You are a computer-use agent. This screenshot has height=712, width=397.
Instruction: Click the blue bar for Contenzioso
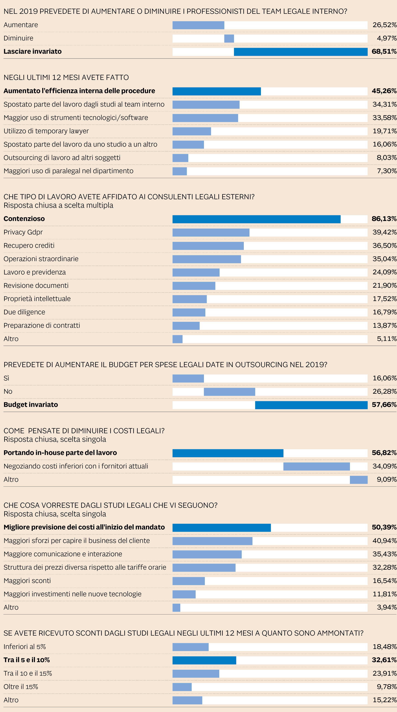coord(256,219)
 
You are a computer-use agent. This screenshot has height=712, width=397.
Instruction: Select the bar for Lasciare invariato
coord(301,52)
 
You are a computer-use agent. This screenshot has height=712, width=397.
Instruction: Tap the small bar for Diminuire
coord(229,38)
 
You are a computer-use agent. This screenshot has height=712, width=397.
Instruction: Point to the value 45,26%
coord(384,91)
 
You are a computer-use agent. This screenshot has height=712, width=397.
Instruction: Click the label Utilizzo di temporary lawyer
coord(46,131)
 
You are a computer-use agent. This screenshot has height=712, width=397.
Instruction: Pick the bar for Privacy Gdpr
coord(211,232)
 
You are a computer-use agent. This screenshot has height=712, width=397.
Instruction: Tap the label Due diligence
coord(24,312)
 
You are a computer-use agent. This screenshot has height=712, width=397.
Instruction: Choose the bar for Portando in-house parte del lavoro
coord(228,453)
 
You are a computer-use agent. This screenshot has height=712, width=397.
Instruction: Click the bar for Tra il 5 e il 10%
coord(204,660)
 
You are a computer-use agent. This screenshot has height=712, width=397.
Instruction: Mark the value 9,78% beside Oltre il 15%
coord(386,687)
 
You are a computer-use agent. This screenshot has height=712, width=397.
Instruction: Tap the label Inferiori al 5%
coord(25,647)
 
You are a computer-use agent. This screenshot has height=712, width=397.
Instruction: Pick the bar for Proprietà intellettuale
coord(190,299)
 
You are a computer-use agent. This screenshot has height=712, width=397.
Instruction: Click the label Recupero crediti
coord(29,245)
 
